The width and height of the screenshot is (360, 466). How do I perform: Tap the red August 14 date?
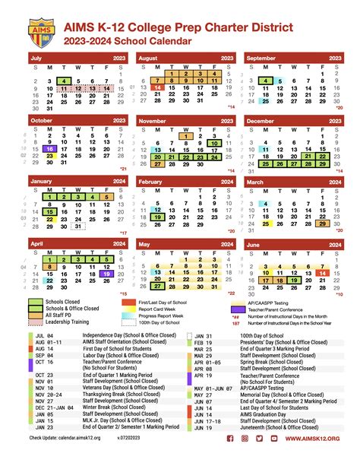pos(157,87)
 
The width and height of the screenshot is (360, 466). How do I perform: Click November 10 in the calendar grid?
pos(216,142)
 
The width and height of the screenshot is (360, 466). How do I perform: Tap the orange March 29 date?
pos(324,223)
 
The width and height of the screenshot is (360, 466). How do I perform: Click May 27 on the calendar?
pos(156,286)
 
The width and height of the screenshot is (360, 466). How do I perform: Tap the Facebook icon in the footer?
pos(230,459)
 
